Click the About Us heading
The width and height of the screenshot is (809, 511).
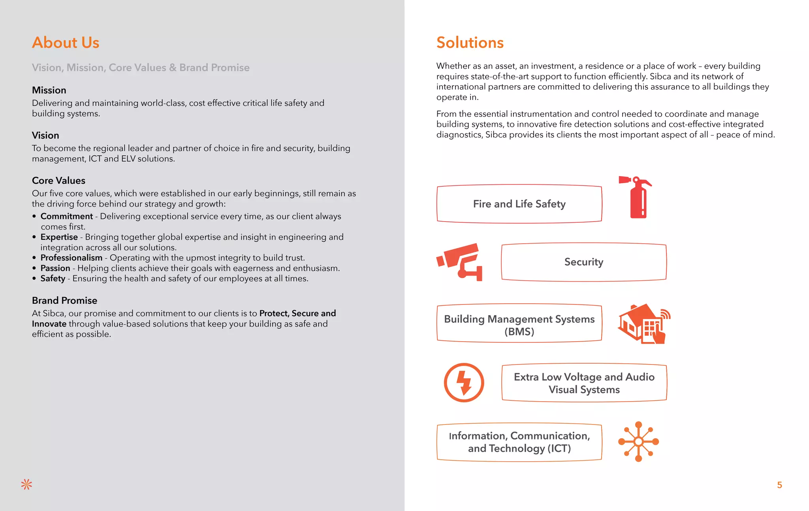(x=66, y=43)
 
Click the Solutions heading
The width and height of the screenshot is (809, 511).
(x=470, y=43)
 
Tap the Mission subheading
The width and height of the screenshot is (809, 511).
(x=49, y=90)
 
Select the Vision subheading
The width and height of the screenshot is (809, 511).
(x=45, y=135)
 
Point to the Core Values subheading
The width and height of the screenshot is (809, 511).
(x=58, y=180)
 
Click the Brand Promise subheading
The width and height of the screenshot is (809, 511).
(x=64, y=301)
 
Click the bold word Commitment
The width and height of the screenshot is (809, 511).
(x=67, y=216)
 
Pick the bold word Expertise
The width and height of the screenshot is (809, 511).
(x=59, y=237)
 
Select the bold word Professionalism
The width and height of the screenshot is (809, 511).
(x=71, y=258)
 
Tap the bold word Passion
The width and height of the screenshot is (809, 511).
(x=55, y=268)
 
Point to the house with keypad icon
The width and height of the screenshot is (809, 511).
(x=643, y=323)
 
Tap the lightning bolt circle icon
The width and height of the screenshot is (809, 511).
(x=464, y=383)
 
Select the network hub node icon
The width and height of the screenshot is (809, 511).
(x=638, y=441)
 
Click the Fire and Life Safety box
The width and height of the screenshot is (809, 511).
(x=519, y=204)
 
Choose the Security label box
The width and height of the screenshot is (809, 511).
(x=583, y=262)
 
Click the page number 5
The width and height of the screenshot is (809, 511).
(x=779, y=485)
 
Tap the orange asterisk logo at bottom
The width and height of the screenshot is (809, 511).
(x=26, y=485)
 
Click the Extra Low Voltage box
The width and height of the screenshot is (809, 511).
(x=584, y=383)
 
